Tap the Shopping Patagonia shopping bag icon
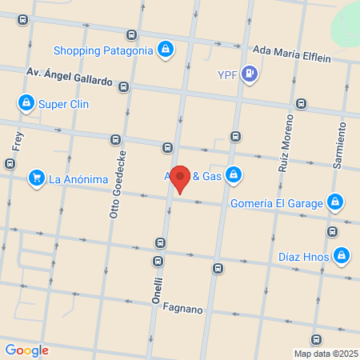click(165, 50)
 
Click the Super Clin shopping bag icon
click(26, 103)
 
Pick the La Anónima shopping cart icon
click(36, 178)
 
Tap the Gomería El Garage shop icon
click(336, 202)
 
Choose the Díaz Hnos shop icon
click(342, 256)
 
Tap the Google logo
click(26, 350)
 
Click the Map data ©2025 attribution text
click(326, 353)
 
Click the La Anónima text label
click(78, 178)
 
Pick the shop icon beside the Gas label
click(233, 174)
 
